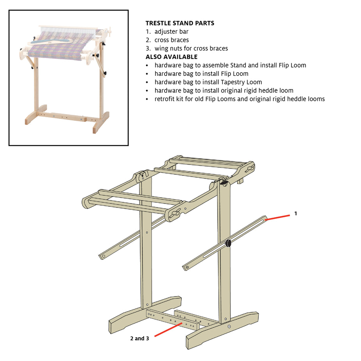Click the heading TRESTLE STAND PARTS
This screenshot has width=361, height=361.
(180, 23)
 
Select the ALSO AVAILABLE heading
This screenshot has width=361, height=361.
(172, 57)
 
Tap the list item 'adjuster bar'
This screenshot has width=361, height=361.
(171, 32)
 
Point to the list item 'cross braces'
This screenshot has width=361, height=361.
(172, 40)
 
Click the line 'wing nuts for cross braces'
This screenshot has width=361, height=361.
(191, 48)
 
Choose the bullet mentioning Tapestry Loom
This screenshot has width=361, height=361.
(208, 82)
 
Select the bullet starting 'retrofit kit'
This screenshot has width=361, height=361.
(239, 99)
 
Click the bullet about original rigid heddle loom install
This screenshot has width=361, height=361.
(224, 91)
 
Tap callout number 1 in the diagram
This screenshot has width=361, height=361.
(296, 213)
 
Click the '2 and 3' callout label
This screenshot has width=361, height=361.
(139, 338)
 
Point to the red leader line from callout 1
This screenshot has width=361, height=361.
(277, 218)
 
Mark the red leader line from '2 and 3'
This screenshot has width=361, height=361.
(168, 329)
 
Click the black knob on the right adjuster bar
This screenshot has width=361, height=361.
(228, 243)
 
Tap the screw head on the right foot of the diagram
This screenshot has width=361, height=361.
(229, 327)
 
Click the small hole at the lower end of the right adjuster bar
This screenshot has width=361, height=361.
(187, 267)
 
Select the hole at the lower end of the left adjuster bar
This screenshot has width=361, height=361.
(104, 256)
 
